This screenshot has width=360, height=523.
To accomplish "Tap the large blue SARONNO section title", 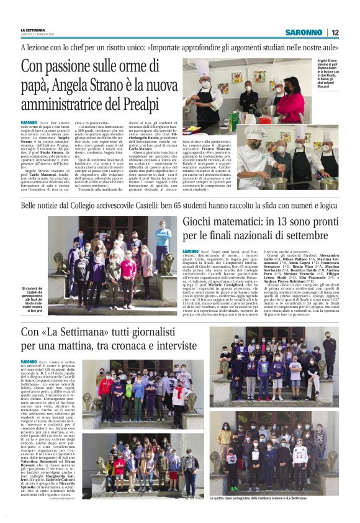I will (304, 32).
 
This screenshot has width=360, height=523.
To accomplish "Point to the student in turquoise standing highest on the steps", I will (163, 236).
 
